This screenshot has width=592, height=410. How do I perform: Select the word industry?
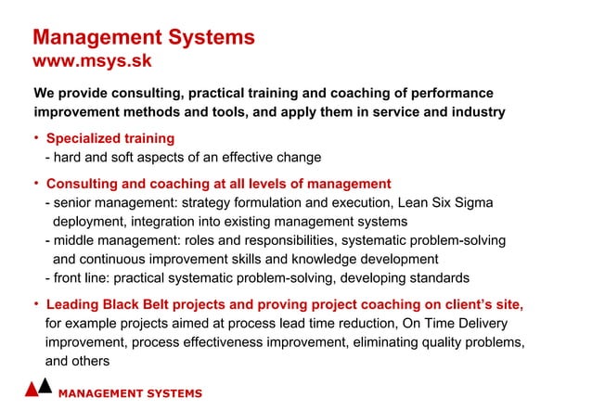[475, 112]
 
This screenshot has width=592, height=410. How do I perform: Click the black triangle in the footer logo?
[45, 385]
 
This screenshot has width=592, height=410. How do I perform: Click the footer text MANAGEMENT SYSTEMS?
[130, 393]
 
